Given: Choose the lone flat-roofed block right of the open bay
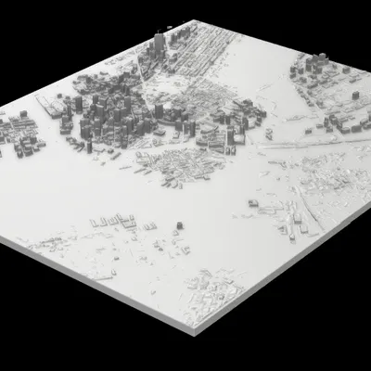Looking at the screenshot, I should (x=252, y=203).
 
